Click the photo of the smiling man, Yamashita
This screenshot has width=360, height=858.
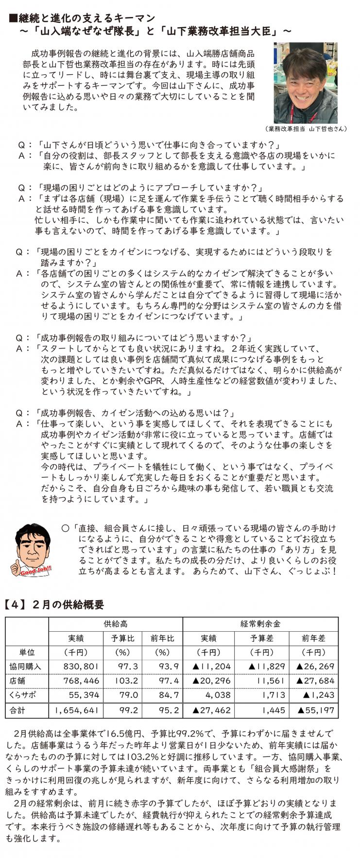coord(305,82)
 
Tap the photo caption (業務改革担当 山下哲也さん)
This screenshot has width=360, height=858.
coord(306,129)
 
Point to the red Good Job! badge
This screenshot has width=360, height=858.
coord(35,571)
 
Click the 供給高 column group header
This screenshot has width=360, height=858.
coord(116,624)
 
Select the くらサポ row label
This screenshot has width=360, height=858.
coord(23,695)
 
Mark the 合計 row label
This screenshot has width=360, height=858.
coord(18,710)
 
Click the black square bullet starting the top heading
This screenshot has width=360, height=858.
coord(14,18)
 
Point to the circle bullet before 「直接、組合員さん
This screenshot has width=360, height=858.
coord(65,528)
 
